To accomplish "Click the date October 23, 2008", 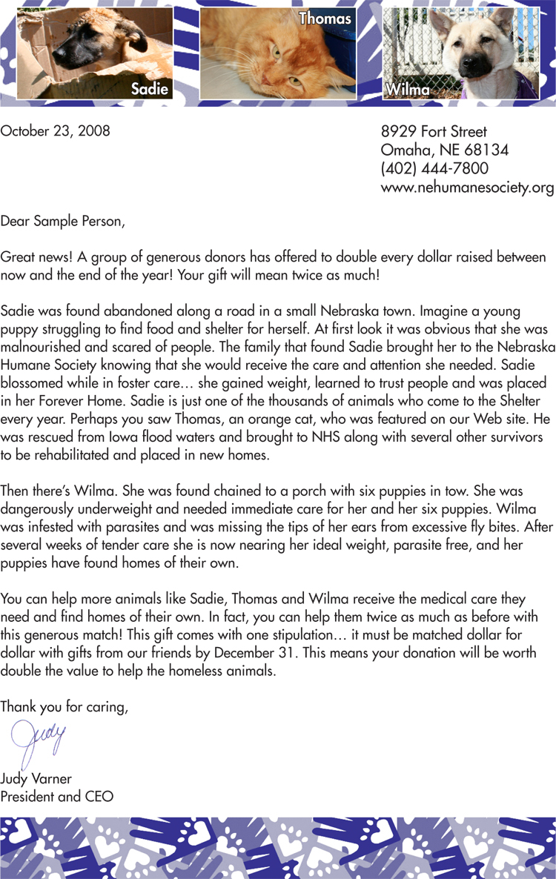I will pyautogui.click(x=56, y=131).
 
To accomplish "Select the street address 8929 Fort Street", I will pyautogui.click(x=434, y=132).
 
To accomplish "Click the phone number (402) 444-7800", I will pyautogui.click(x=434, y=169).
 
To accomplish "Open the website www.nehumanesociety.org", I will pyautogui.click(x=467, y=188).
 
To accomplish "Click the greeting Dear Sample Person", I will pyautogui.click(x=63, y=221).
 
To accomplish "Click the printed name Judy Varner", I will pyautogui.click(x=36, y=779).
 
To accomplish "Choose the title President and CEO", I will pyautogui.click(x=57, y=797).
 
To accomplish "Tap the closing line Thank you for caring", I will pyautogui.click(x=64, y=707).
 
